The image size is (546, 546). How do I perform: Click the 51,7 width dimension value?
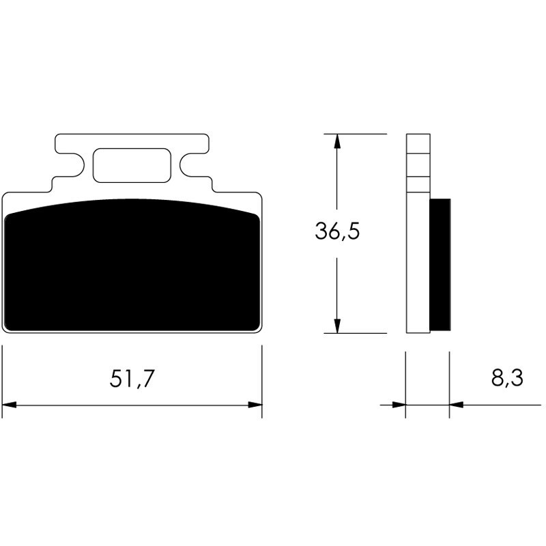tap(132, 379)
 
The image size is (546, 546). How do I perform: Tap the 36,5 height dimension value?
tap(336, 232)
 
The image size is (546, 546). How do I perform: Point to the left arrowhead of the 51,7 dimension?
tap(10, 405)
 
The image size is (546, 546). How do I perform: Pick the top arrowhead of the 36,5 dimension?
tap(336, 141)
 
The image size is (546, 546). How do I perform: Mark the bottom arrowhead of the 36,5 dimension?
tap(336, 326)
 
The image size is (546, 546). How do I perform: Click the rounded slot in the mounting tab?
tap(130, 165)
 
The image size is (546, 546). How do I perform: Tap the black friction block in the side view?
tap(440, 263)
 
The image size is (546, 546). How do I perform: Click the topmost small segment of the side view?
tap(418, 143)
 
